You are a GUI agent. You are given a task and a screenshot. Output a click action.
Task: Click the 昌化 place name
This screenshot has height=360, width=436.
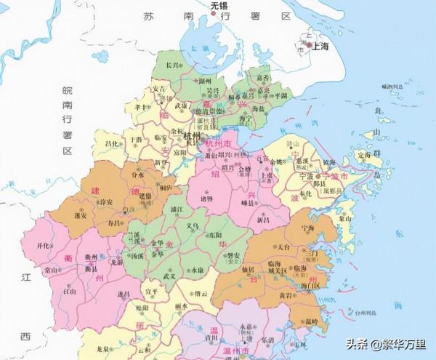point(111,145)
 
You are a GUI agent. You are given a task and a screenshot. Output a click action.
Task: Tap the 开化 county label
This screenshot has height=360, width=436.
point(45,246)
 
